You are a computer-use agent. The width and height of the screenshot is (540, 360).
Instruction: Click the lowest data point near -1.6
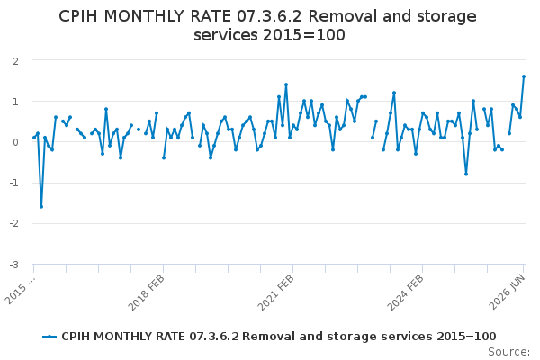(41, 207)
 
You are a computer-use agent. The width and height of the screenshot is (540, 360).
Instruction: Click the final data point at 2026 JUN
(524, 76)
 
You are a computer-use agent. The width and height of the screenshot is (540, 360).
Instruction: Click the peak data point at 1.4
(286, 85)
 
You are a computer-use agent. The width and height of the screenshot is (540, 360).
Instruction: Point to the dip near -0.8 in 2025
(466, 174)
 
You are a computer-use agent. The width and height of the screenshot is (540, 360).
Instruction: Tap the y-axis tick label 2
(15, 61)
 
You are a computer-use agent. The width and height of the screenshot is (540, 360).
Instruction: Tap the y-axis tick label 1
(15, 102)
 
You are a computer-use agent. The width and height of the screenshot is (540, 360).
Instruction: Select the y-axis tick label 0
(15, 142)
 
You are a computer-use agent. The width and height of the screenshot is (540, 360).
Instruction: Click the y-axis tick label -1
(13, 183)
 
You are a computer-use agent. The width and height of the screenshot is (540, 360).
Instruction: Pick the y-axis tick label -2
(13, 223)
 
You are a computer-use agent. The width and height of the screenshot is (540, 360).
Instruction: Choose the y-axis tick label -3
(13, 265)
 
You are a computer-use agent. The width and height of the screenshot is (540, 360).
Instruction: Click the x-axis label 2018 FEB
(147, 292)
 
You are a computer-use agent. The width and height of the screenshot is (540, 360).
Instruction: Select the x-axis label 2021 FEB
(276, 292)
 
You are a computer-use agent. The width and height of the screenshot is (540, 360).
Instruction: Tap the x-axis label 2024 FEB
(405, 292)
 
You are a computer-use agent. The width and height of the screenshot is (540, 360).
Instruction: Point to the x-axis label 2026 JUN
(508, 292)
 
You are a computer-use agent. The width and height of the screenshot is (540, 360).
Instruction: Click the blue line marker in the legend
(49, 337)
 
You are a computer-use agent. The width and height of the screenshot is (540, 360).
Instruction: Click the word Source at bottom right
(508, 352)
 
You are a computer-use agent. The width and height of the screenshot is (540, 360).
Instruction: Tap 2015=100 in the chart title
(304, 35)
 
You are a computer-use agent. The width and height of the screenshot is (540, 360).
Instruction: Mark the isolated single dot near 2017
(139, 130)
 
